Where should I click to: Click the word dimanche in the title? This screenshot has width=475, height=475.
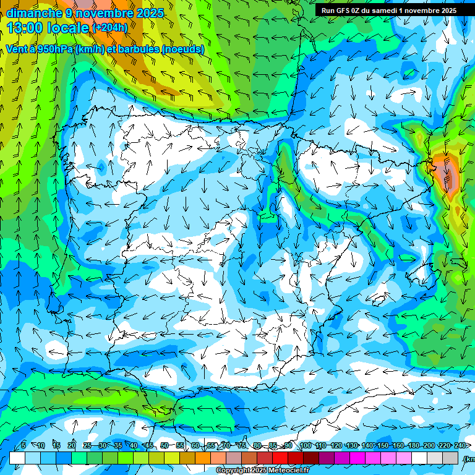point(34,13)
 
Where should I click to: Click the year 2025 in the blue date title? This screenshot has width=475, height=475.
point(150,13)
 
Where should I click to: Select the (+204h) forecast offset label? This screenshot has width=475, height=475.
point(109,28)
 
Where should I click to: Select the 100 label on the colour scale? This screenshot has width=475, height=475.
point(306,446)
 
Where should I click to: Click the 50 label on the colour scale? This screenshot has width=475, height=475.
point(165,446)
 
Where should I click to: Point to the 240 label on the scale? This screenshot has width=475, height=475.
point(460,446)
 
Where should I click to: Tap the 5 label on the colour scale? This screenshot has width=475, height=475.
point(24,446)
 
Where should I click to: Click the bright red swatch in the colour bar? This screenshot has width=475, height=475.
point(280,458)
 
